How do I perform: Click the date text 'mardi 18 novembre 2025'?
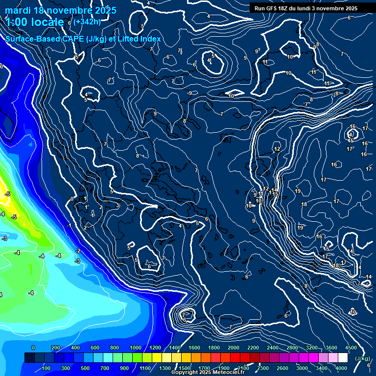pos(61,10)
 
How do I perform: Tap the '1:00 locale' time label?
pos(34,22)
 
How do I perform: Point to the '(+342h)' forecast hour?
pos(88,21)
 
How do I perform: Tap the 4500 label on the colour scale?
pos(351,348)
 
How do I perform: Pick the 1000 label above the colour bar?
pos(135,348)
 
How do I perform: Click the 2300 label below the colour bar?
pos(262,368)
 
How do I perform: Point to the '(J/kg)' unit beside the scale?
pos(362,359)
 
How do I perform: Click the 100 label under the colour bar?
pos(47,368)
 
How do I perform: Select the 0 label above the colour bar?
pos(33,348)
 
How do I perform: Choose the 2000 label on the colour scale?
pos(233,348)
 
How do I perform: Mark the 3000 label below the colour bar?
pos(302,368)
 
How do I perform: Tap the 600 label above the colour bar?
pos(95,348)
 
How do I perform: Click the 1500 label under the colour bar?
pos(184,368)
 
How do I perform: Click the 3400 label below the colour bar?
pos(321,368)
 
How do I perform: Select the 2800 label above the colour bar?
pos(292,348)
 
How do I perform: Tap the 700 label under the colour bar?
pos(105,368)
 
